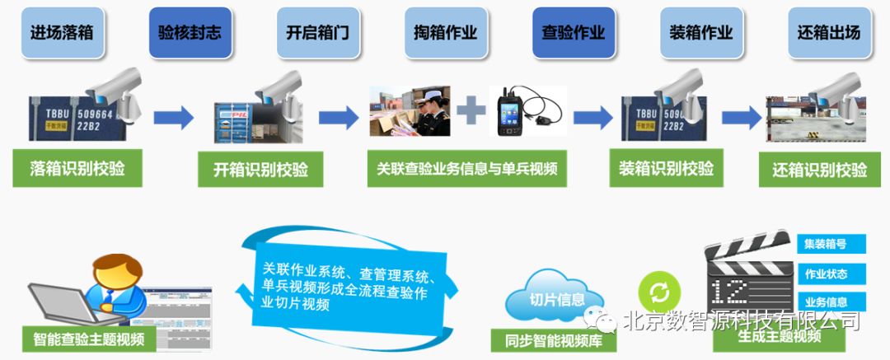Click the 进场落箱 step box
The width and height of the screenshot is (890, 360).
coord(62,33)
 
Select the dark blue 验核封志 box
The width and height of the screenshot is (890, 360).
coord(190,33)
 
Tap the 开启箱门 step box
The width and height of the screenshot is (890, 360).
coord(318,33)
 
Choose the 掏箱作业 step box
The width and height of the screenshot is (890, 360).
coord(446,33)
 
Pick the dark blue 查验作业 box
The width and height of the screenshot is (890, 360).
coord(574,33)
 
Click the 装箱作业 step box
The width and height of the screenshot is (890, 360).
coord(701,33)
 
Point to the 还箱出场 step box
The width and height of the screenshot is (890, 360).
coord(829,33)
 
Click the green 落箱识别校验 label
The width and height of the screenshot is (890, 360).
coord(74,169)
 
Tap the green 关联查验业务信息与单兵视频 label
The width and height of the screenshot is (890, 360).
coord(467,169)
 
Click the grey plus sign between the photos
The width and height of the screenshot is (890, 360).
coord(471,110)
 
